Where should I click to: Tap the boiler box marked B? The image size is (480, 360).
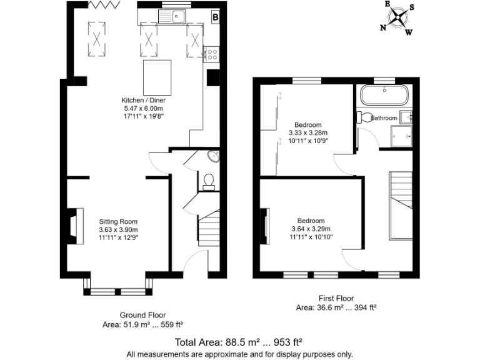point(215,17)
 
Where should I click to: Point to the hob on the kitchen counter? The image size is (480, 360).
point(212,53)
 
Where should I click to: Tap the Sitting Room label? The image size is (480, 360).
point(117,221)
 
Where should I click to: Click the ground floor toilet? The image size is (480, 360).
point(209,180)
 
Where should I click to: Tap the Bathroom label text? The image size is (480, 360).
point(384,117)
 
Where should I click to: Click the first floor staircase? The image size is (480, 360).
point(401,204)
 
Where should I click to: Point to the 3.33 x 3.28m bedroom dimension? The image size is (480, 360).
point(308,132)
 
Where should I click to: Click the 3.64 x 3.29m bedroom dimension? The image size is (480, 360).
point(311,229)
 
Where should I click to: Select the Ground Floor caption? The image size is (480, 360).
point(142,315)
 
